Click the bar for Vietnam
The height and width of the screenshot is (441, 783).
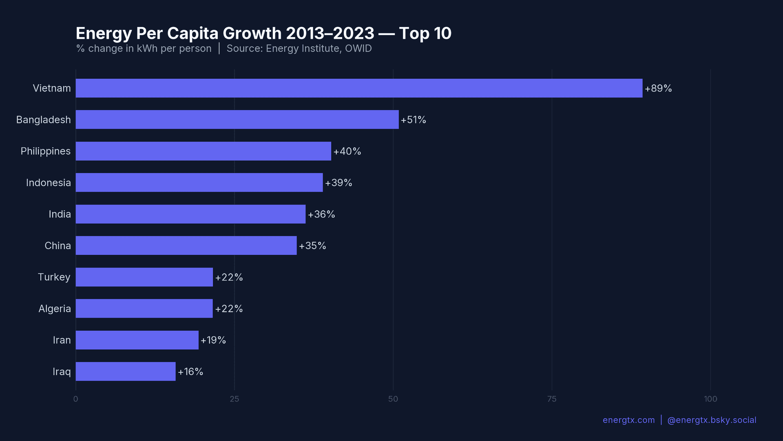coord(359,88)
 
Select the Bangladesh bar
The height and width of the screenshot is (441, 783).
coord(237,120)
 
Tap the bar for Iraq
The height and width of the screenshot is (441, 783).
coord(126,372)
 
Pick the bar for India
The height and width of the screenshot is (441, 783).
coord(190,214)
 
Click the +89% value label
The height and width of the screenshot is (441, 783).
coord(658,89)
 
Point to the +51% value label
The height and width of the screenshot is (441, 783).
coord(413,120)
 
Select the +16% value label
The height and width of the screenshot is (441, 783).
coord(190,372)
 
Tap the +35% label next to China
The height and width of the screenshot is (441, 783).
coord(312,246)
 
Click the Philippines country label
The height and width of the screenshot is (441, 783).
coord(46,151)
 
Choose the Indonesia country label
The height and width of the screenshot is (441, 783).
coord(48,183)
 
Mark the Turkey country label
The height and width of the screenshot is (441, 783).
coord(54,277)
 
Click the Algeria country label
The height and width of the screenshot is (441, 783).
coord(54,309)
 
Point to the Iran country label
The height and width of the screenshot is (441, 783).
coord(62,340)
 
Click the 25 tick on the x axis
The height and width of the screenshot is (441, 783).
coord(234,399)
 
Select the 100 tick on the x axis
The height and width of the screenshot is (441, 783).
coord(710,399)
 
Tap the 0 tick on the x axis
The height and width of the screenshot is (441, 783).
coord(75,399)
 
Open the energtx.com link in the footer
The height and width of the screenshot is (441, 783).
coord(628,420)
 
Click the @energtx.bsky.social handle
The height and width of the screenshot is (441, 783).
coord(711,420)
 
